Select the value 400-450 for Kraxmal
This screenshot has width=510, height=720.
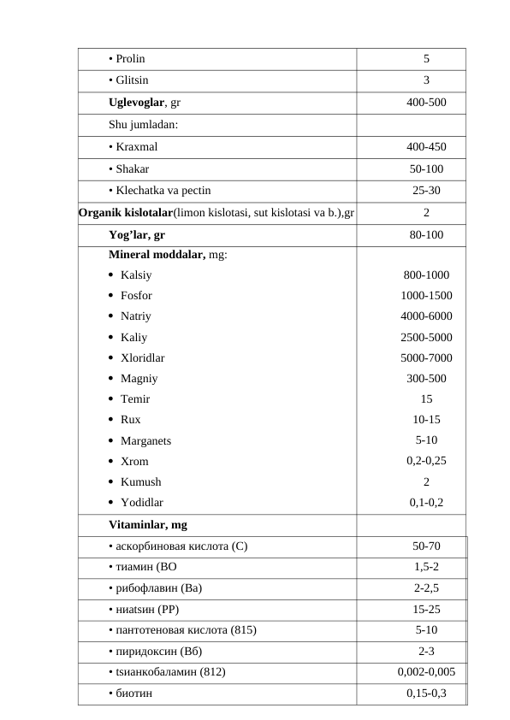pyautogui.click(x=426, y=146)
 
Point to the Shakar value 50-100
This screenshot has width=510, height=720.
pyautogui.click(x=426, y=168)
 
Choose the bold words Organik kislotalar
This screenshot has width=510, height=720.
pyautogui.click(x=125, y=213)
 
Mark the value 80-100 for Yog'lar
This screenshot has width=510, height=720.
pyautogui.click(x=426, y=234)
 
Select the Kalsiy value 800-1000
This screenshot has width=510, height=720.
pyautogui.click(x=426, y=275)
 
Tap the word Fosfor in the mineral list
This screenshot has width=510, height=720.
pyautogui.click(x=137, y=296)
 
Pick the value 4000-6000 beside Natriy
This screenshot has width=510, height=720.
pyautogui.click(x=426, y=316)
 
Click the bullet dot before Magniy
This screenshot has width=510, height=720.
pyautogui.click(x=113, y=379)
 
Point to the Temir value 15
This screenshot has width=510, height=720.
pyautogui.click(x=426, y=399)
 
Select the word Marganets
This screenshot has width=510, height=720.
pyautogui.click(x=146, y=441)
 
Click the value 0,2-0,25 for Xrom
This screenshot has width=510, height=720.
pyautogui.click(x=426, y=462)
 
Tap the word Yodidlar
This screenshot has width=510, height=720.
pyautogui.click(x=142, y=503)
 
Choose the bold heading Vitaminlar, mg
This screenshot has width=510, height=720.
pyautogui.click(x=148, y=524)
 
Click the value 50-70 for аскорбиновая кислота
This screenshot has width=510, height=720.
pyautogui.click(x=426, y=546)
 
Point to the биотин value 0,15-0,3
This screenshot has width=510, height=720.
pyautogui.click(x=426, y=693)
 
